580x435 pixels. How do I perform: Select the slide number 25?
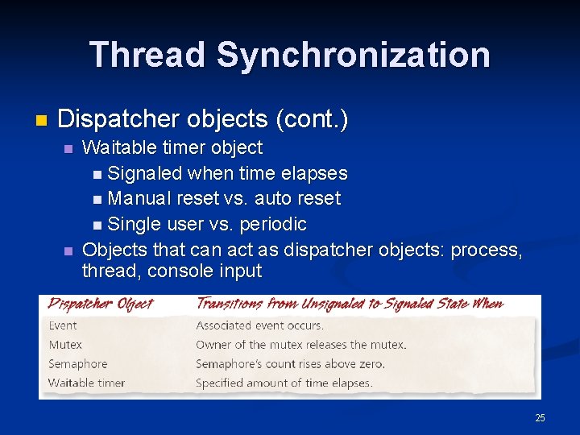(540, 417)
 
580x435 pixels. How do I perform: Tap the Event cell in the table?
(63, 325)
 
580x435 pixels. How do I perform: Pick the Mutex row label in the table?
(65, 345)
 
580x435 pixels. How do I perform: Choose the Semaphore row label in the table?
(77, 364)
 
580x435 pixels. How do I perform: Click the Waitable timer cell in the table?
(86, 383)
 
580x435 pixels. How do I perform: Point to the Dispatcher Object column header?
(101, 304)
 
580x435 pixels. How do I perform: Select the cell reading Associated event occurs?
(259, 325)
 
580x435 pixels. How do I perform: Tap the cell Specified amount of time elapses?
(284, 383)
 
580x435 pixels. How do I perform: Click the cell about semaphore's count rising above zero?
(290, 364)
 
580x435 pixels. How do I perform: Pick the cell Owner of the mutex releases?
(300, 345)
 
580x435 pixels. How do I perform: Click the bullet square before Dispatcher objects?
(42, 121)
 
